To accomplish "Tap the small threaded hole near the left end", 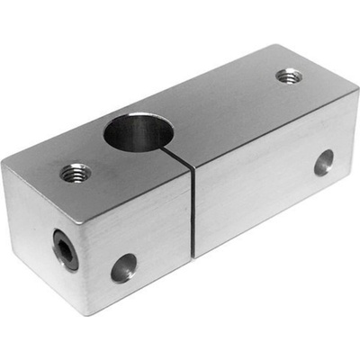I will (76, 171).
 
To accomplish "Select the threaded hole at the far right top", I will (288, 76).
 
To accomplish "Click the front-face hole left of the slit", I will (123, 267).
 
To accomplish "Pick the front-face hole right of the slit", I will (323, 162).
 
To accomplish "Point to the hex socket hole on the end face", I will (65, 249).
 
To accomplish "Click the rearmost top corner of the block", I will (272, 45).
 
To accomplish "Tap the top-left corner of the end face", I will (3, 165).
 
